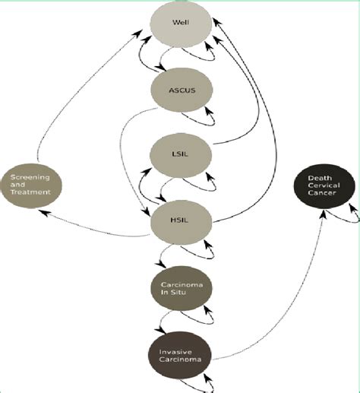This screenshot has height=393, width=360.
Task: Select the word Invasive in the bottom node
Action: [175, 352]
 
